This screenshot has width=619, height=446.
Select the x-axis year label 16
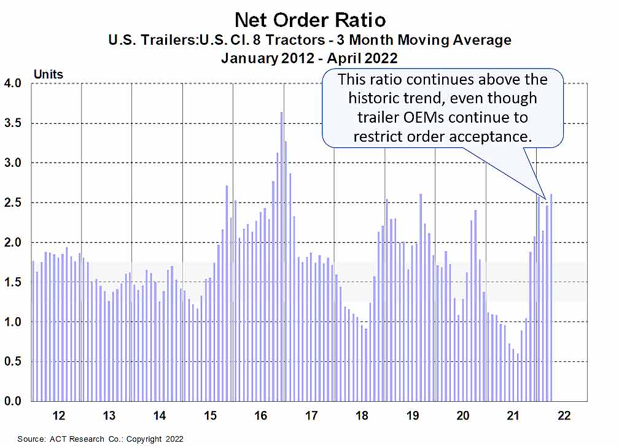pos(260,416)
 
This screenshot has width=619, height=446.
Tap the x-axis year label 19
pos(413,416)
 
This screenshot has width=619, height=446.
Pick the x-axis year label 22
pos(564,416)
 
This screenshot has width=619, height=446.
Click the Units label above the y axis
pos(48,74)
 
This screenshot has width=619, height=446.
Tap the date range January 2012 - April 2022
pos(309,60)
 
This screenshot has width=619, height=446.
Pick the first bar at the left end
pos(33,331)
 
